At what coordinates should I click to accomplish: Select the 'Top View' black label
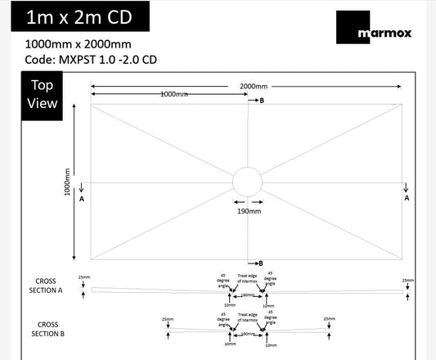point(43,94)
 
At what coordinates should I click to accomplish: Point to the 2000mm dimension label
point(253,87)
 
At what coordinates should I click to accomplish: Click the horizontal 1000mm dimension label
point(173,95)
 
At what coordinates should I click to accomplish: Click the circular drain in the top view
point(247,182)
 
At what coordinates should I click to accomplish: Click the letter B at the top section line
point(262,101)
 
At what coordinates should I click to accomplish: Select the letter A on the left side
point(82,199)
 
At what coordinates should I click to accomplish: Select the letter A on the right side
point(407,199)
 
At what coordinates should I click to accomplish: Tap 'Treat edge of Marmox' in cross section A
point(246,278)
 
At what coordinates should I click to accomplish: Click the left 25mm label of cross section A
point(82,279)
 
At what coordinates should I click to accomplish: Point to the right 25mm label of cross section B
point(329,319)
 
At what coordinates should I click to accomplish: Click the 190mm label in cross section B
point(246,334)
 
